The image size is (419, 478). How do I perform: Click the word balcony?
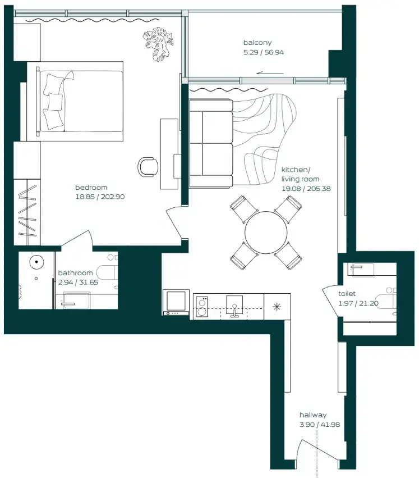(257, 43)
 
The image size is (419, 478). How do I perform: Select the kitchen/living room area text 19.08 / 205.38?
(306, 189)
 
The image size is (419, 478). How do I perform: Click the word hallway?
(312, 415)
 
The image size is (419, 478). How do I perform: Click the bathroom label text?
(75, 274)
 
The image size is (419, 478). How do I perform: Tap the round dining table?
(266, 232)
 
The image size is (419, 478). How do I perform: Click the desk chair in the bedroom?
(148, 166)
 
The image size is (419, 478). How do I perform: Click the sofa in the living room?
(210, 143)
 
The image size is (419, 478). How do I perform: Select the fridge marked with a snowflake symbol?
(277, 307)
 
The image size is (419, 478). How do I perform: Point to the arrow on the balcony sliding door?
(266, 72)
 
